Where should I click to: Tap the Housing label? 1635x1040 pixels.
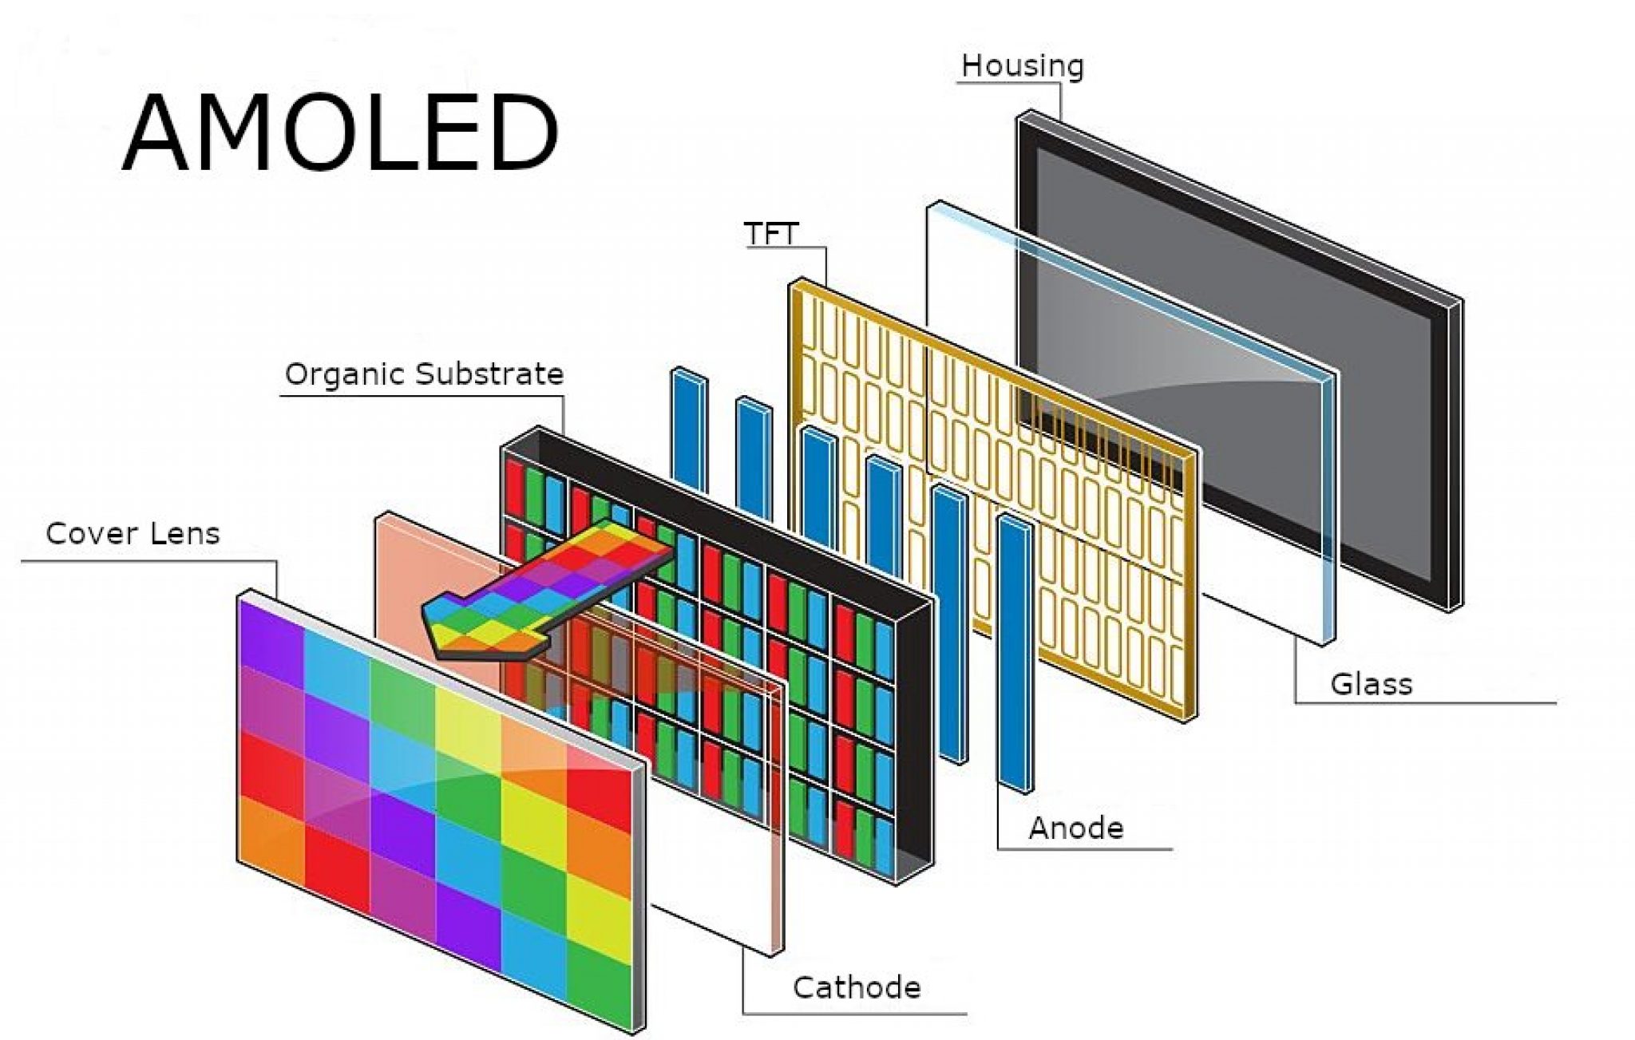click(1022, 65)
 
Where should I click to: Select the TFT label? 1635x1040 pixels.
click(771, 234)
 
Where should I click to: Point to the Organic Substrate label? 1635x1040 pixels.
click(424, 374)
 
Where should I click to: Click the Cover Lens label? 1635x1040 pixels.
click(133, 533)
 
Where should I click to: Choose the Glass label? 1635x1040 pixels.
click(1371, 684)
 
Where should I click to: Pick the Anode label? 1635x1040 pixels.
click(1075, 828)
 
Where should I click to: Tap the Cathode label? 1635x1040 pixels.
click(856, 987)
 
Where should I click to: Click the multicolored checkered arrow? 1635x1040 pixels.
click(551, 587)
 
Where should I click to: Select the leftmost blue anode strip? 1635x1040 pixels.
click(689, 431)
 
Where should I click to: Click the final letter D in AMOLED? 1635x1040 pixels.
click(519, 133)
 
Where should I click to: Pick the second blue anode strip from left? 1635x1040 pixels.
click(754, 455)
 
